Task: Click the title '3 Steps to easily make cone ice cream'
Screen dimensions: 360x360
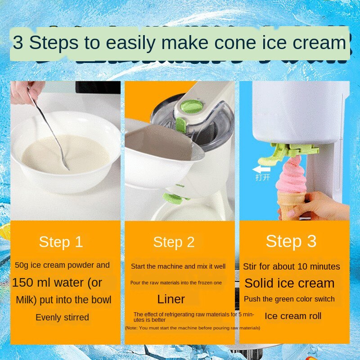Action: (179, 43)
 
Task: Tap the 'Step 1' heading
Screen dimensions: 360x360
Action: (61, 242)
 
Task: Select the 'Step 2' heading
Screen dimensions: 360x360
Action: (174, 242)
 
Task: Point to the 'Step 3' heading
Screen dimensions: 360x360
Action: (291, 241)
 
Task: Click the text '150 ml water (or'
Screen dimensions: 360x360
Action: (57, 283)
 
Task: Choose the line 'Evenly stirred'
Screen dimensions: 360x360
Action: (62, 317)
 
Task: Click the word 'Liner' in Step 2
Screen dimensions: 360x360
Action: (171, 299)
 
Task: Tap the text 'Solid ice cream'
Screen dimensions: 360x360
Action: (289, 283)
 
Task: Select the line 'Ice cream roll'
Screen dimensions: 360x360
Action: (293, 316)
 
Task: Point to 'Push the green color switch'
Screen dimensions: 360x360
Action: (289, 299)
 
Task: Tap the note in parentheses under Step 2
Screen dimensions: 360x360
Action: (192, 328)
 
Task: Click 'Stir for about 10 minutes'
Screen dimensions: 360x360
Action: (291, 266)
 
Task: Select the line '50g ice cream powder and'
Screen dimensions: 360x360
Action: (62, 265)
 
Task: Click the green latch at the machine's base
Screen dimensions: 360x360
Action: (173, 198)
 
